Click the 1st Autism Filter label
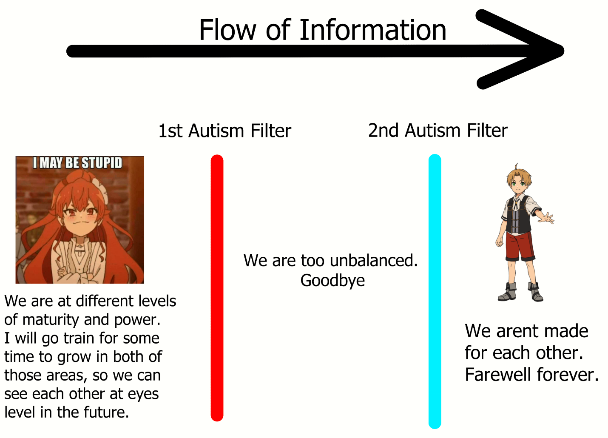pos(224,131)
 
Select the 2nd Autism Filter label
pos(438,131)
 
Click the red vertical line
pos(217,288)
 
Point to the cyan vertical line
pos(435,291)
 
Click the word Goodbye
pos(332,281)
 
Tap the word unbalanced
pos(374,260)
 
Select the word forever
pos(568,375)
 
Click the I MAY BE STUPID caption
pos(78,162)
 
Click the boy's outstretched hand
pos(546,218)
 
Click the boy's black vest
pos(518,214)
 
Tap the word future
pos(106,412)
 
